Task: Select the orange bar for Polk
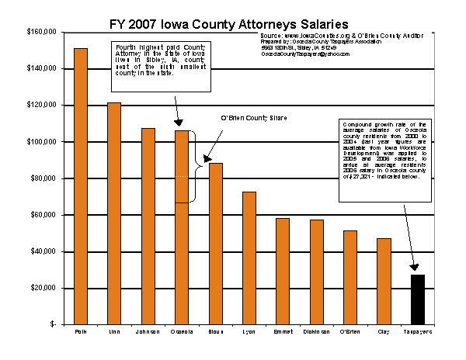(81, 186)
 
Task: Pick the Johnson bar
(148, 226)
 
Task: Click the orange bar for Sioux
(215, 244)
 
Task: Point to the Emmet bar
(283, 271)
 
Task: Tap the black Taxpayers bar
(417, 299)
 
